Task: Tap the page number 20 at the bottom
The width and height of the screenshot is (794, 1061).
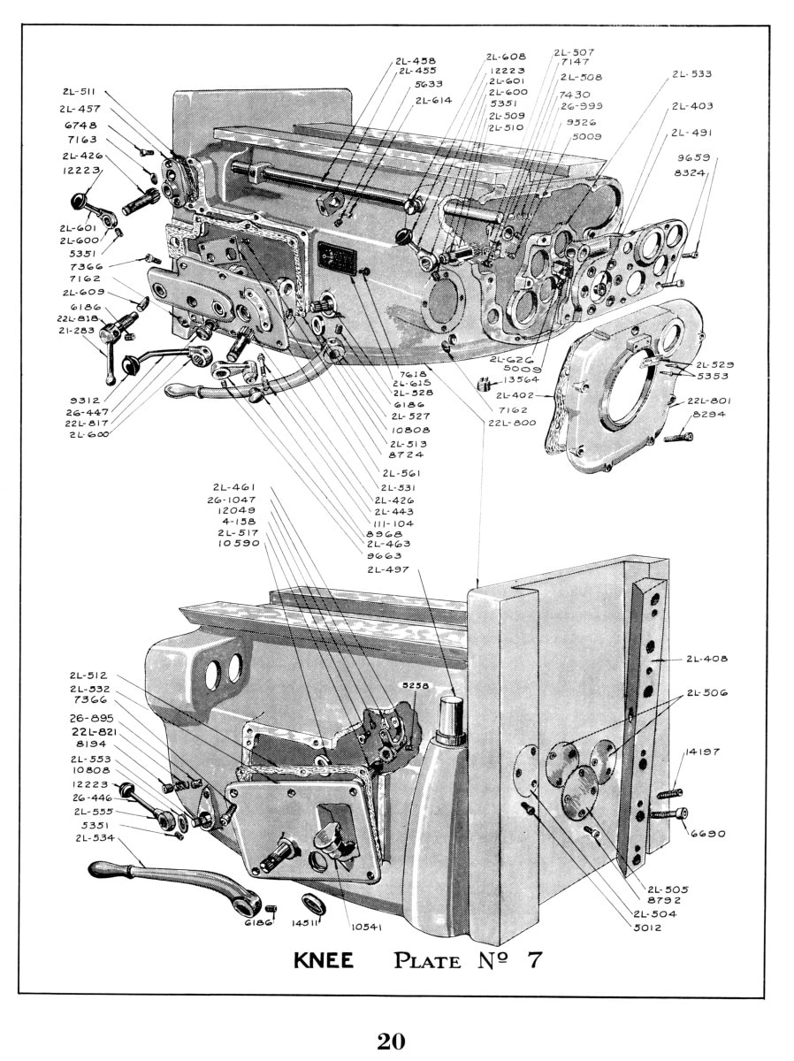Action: tap(391, 1041)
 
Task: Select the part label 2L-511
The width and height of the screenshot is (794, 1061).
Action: tap(80, 91)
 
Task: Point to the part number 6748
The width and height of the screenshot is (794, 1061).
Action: tap(80, 125)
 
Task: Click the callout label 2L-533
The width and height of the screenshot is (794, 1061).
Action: tap(691, 74)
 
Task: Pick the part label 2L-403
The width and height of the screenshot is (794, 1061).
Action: tap(691, 106)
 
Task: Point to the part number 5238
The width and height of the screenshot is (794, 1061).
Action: tap(414, 685)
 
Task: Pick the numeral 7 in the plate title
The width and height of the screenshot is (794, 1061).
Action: tap(534, 960)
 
